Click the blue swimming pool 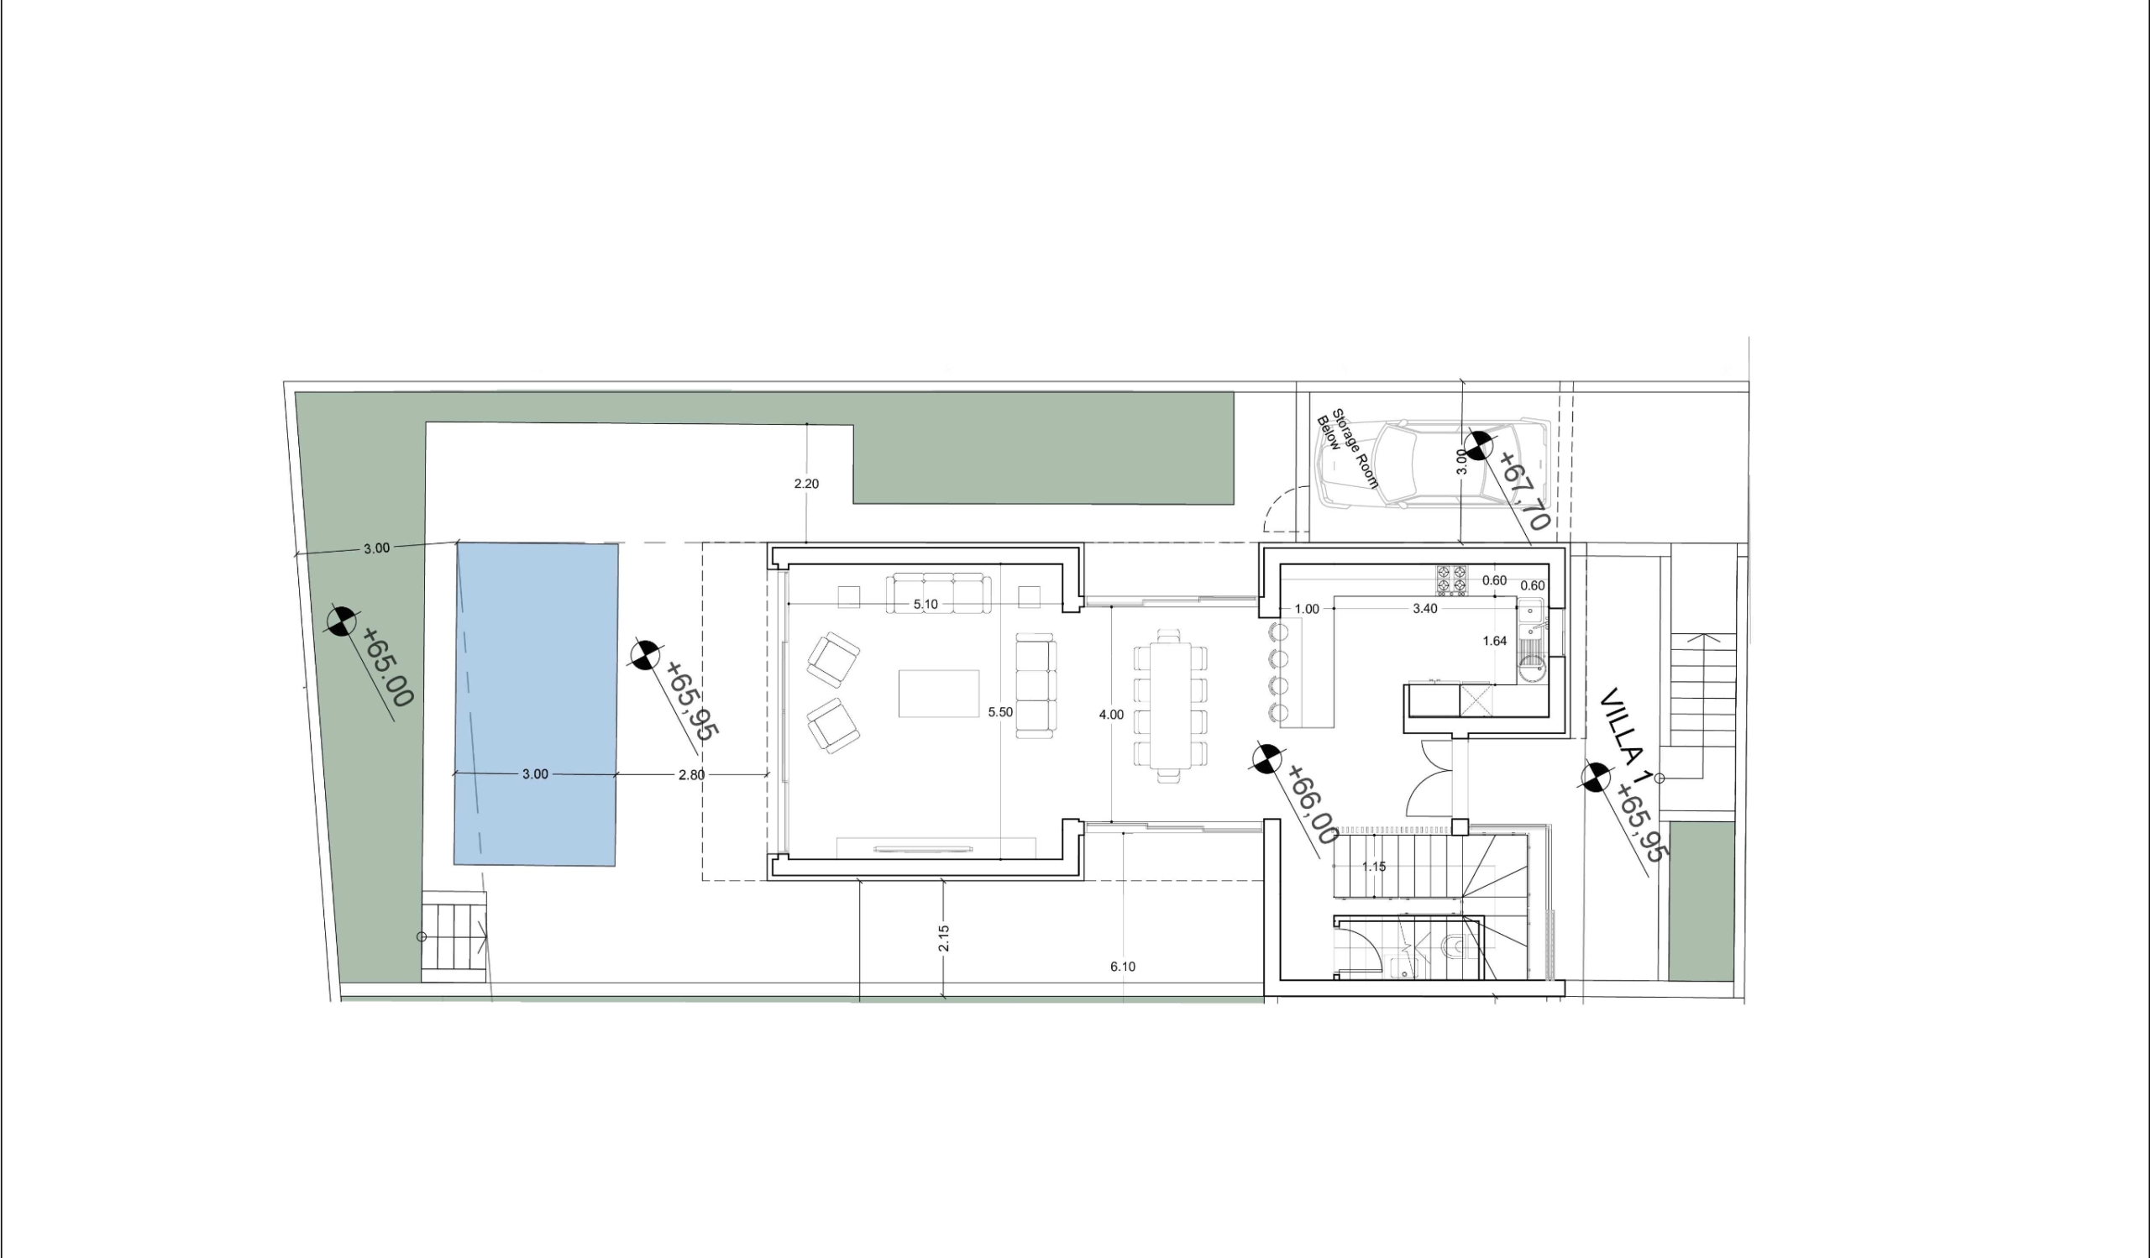(536, 705)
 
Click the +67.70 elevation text (1523, 491)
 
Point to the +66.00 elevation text (1312, 805)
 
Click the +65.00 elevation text (388, 667)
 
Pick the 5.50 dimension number (1000, 711)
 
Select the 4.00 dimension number (1111, 715)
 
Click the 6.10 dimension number (1123, 967)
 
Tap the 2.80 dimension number (691, 775)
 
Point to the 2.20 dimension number (806, 484)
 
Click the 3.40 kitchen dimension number (1425, 609)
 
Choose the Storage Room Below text (1348, 448)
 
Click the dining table (1171, 705)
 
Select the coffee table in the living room (938, 694)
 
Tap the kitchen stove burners (1452, 580)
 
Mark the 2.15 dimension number (944, 938)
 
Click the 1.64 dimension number (1495, 642)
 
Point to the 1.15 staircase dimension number (1374, 867)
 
